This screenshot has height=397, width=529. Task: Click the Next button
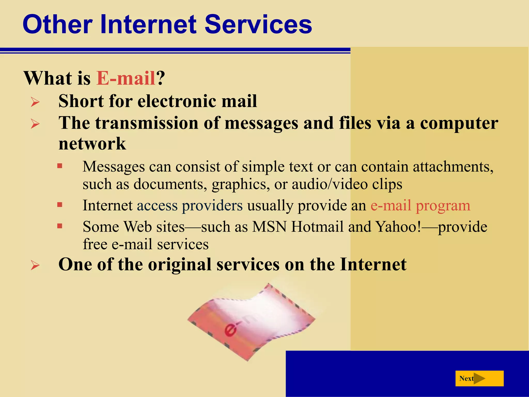point(479,378)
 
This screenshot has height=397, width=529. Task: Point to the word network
point(92,144)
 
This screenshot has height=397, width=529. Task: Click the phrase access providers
point(190,206)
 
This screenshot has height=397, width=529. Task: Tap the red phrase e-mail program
point(420,206)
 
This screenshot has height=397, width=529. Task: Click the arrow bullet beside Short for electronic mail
point(35,102)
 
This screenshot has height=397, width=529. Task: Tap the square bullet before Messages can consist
point(60,166)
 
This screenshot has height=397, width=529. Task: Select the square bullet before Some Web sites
point(60,226)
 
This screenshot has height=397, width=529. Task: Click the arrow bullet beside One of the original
point(35,265)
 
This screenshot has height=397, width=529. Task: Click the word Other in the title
point(57,24)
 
